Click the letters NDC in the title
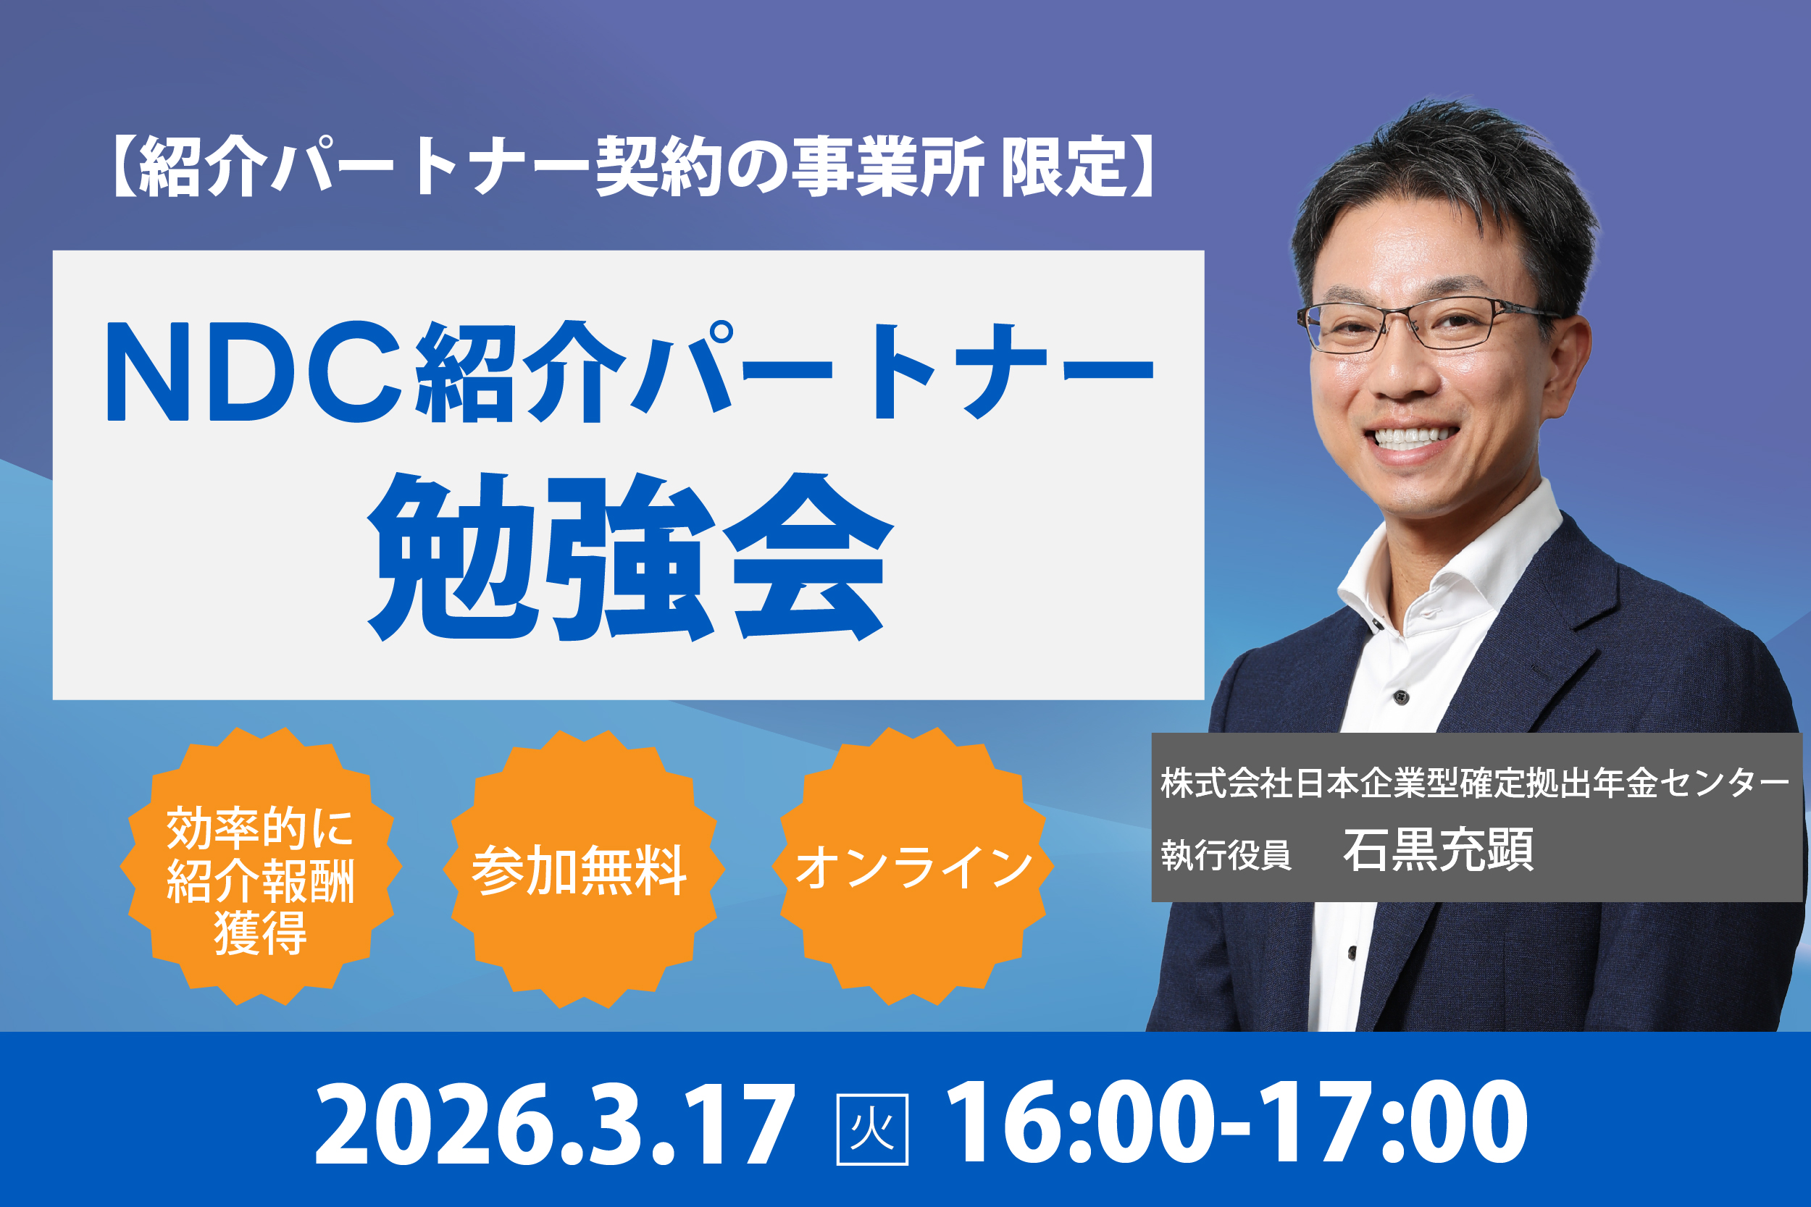[x=254, y=371]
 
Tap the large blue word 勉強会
[x=630, y=556]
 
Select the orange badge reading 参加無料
[x=584, y=868]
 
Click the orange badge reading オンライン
[x=913, y=867]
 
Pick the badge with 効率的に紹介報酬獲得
[x=261, y=867]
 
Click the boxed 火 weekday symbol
[x=872, y=1130]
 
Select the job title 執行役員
[x=1226, y=854]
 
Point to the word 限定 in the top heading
[x=1065, y=166]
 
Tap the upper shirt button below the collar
[x=1402, y=698]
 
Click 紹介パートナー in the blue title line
[x=785, y=371]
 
